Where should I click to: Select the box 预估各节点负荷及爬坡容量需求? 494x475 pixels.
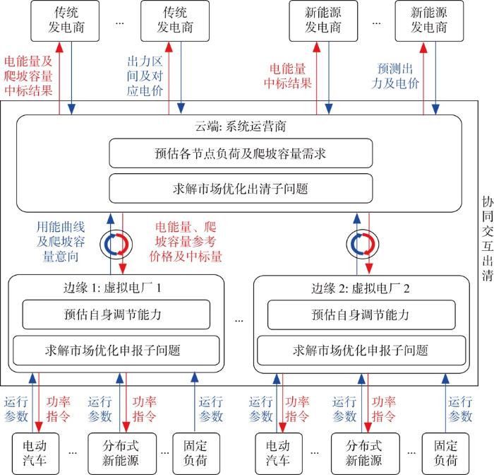(240, 153)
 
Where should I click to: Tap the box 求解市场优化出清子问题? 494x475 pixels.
(240, 189)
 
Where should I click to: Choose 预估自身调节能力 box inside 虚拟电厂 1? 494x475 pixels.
(116, 314)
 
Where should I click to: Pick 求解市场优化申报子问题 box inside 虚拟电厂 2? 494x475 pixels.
(361, 349)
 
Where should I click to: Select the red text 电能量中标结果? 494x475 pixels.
(287, 76)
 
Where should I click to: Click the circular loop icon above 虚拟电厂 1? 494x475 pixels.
(117, 244)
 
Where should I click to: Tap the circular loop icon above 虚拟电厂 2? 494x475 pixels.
(361, 244)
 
